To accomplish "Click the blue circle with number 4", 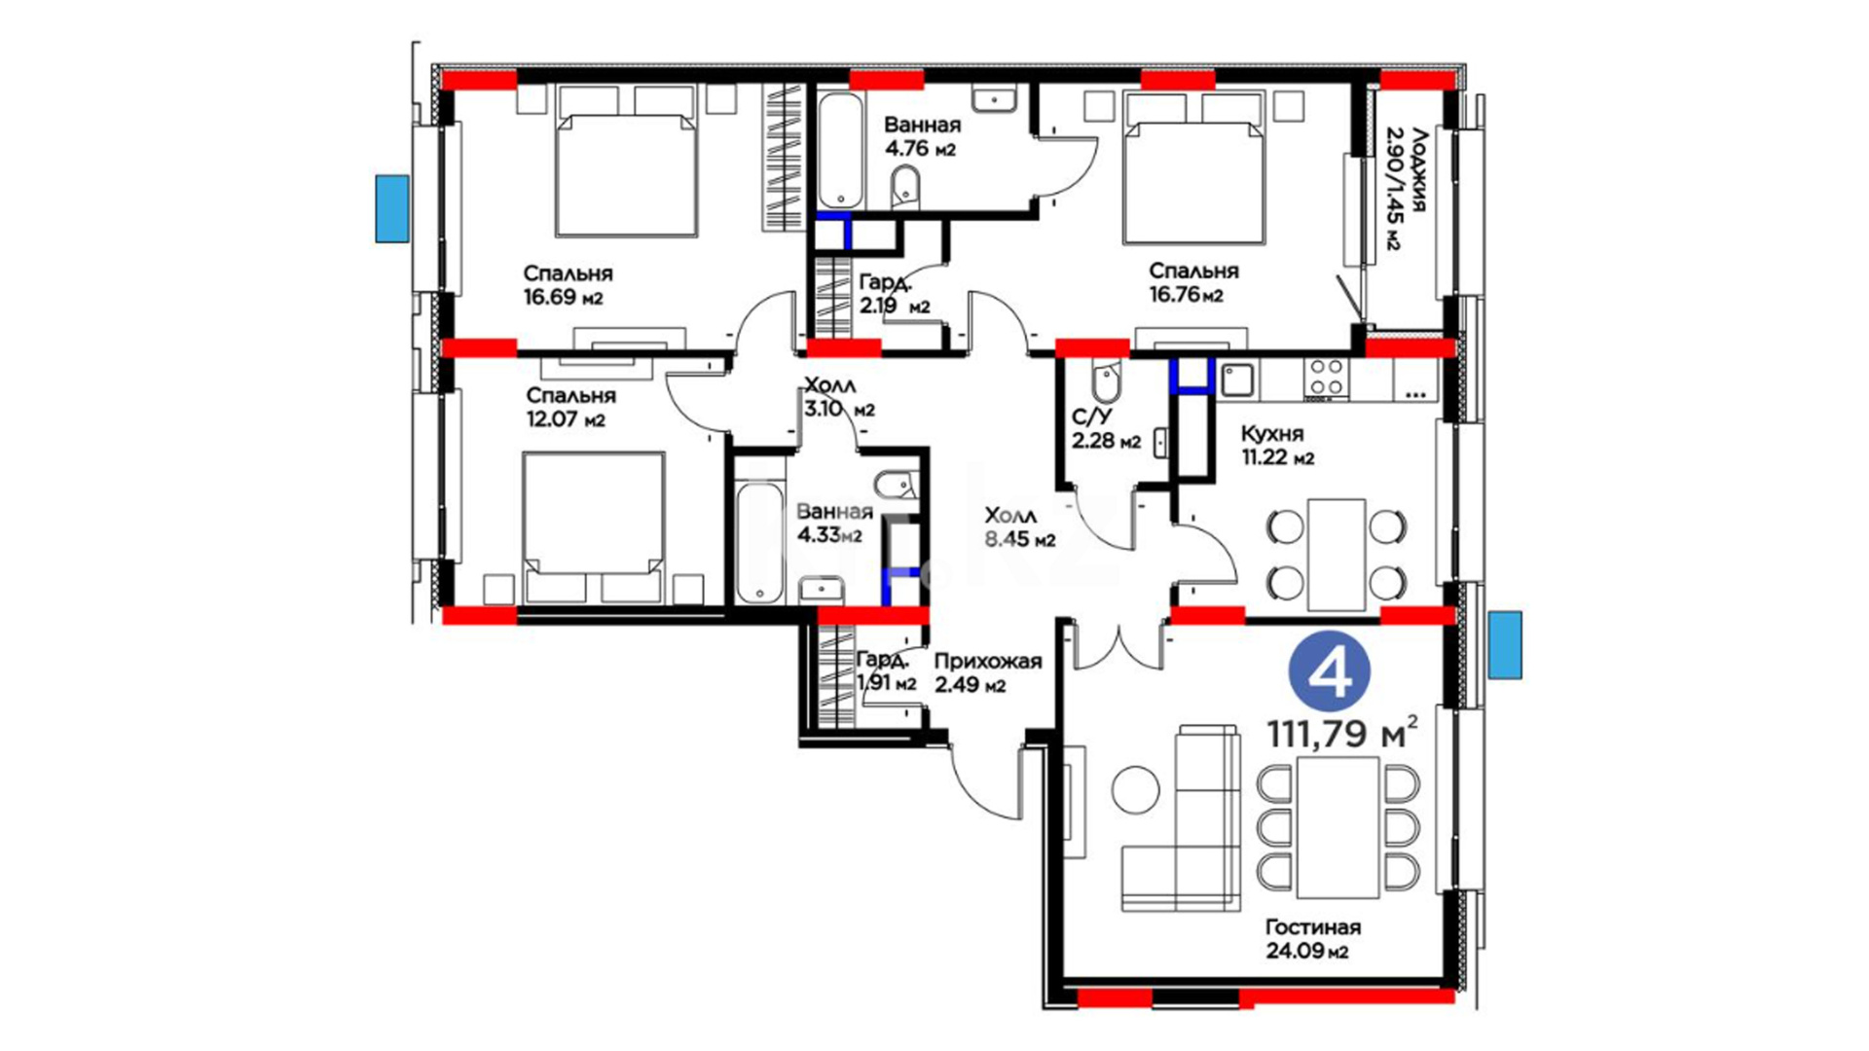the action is pyautogui.click(x=1329, y=672).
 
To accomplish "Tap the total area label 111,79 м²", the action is pyautogui.click(x=1341, y=733).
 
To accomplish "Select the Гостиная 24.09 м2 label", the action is pyautogui.click(x=1312, y=939).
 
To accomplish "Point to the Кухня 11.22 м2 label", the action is pyautogui.click(x=1277, y=446).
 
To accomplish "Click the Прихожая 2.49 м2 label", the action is pyautogui.click(x=987, y=672).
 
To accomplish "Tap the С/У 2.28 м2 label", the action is pyautogui.click(x=1106, y=429).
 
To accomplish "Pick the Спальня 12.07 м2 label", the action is pyautogui.click(x=570, y=408).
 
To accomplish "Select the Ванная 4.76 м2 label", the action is pyautogui.click(x=922, y=136).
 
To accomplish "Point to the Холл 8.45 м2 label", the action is pyautogui.click(x=1019, y=526).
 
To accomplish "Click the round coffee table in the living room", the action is pyautogui.click(x=1136, y=790).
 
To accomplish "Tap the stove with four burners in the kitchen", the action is pyautogui.click(x=1327, y=378).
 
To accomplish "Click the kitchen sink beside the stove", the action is pyautogui.click(x=1239, y=379).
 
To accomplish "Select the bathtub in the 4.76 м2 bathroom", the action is pyautogui.click(x=839, y=151).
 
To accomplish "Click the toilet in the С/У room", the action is pyautogui.click(x=1106, y=382).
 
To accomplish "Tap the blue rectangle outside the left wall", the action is pyautogui.click(x=392, y=208).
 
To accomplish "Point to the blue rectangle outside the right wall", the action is pyautogui.click(x=1505, y=644).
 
